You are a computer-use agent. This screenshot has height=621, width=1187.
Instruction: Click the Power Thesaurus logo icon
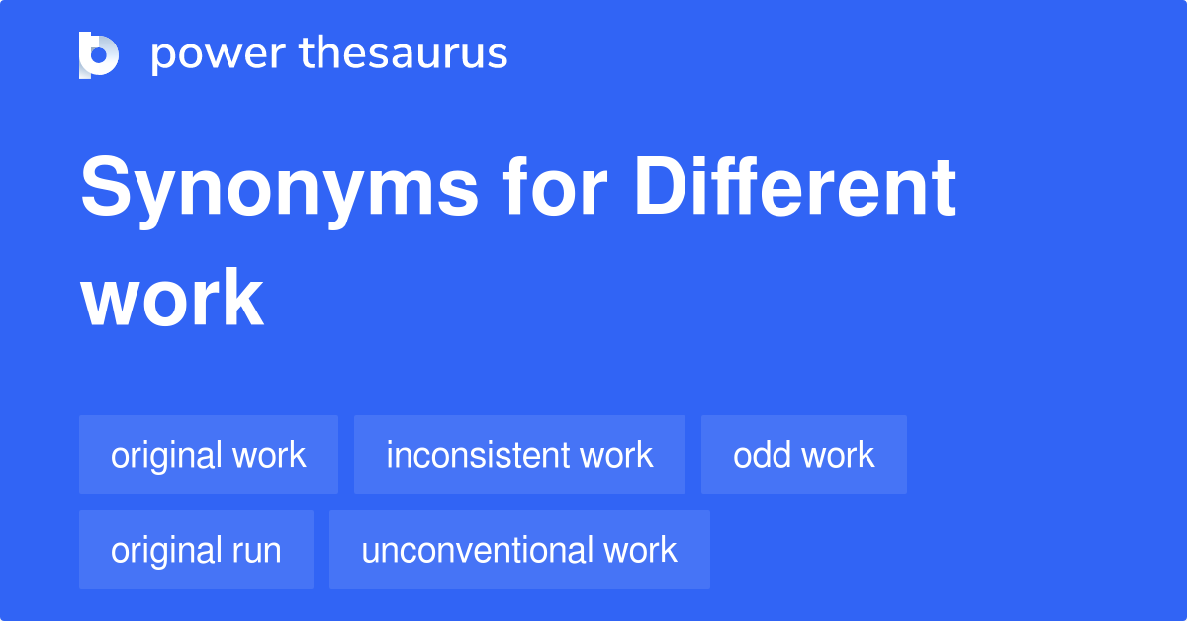pos(99,54)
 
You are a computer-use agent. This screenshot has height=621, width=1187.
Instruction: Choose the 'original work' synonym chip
pos(209,455)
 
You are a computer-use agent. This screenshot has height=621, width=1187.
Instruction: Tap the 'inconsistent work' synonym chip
pos(519,455)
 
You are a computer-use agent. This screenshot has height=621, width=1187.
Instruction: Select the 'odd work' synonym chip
pos(803,455)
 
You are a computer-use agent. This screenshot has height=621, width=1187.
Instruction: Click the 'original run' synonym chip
pos(196,550)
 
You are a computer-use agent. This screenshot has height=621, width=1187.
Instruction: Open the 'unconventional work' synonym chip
pos(519,550)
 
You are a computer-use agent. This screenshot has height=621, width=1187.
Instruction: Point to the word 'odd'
pos(762,455)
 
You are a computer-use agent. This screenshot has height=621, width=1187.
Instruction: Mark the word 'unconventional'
pos(477,550)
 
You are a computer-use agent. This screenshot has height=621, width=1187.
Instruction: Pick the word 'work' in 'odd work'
pos(838,455)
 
